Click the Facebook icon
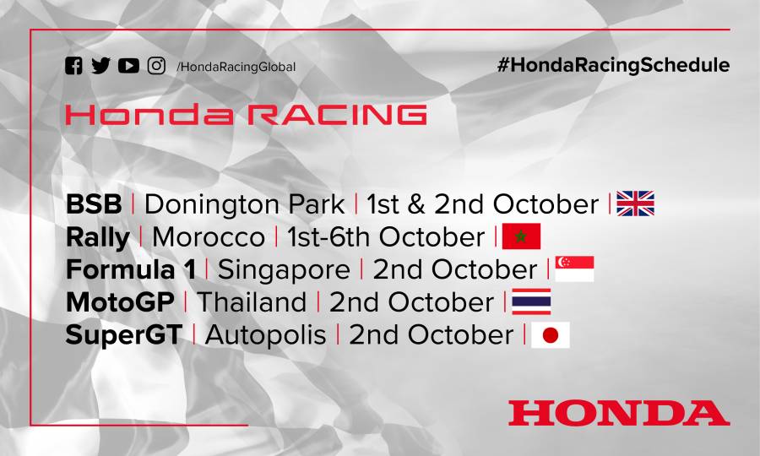[x=74, y=66]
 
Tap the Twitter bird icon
[x=101, y=66]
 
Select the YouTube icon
[x=128, y=66]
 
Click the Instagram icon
[x=156, y=66]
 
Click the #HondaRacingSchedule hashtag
[x=613, y=65]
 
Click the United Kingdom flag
[x=636, y=204]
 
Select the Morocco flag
[x=521, y=236]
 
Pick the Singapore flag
[x=574, y=269]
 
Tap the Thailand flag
[x=531, y=301]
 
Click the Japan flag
[x=550, y=334]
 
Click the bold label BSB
[x=94, y=204]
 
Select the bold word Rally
[x=97, y=237]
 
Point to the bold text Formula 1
[x=130, y=269]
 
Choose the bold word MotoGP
[x=120, y=301]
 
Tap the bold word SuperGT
[x=123, y=334]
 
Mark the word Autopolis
[x=265, y=334]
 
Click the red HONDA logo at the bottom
[x=618, y=413]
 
